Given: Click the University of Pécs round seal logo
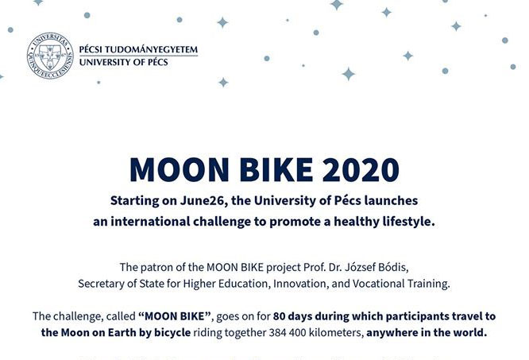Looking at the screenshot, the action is [x=50, y=56].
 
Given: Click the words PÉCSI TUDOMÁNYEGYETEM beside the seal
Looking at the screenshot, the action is [x=138, y=49].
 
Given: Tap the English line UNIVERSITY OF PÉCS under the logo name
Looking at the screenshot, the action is [x=123, y=62].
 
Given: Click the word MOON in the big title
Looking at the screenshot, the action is [x=180, y=170].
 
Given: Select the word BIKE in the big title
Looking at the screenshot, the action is [x=276, y=170].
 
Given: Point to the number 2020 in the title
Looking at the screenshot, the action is [x=361, y=170].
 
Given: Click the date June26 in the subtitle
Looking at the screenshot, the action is [x=202, y=200].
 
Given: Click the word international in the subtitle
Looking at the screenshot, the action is [x=150, y=222].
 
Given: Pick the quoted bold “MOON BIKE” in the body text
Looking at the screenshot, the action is [x=175, y=316].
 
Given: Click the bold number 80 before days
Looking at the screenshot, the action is [x=280, y=316].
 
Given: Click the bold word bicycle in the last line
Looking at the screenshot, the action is [x=172, y=333].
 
